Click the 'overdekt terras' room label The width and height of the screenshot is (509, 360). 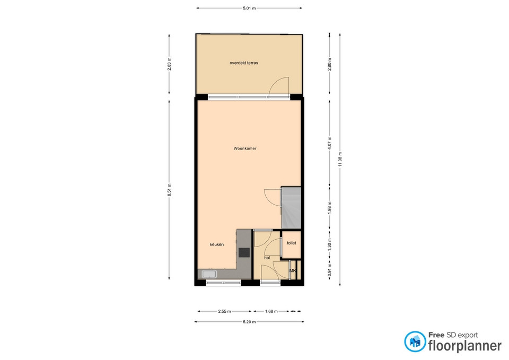tap(244, 63)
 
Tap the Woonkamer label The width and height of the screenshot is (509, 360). tap(245, 148)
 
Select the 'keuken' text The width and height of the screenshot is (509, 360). tap(217, 244)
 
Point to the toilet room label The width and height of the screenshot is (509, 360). tap(292, 243)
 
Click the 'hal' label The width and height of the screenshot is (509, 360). tap(267, 258)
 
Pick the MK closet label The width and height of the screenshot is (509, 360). tap(293, 270)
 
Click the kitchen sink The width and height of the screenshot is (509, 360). tap(209, 274)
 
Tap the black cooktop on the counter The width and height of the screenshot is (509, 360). tap(244, 252)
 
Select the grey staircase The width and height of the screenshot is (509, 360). tap(291, 208)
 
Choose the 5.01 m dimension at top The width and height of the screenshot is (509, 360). tap(249, 8)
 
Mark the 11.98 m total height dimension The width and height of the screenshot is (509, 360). tap(340, 160)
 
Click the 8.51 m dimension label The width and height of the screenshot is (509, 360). tap(169, 190)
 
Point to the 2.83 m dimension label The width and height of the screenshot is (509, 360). tap(169, 64)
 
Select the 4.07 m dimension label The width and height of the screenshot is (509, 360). tap(329, 143)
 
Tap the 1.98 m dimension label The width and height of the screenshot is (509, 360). tap(329, 208)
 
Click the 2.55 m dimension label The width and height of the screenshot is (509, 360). tap(224, 311)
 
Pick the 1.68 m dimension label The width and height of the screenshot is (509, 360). tap(271, 311)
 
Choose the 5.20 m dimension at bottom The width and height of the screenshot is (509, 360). tap(249, 322)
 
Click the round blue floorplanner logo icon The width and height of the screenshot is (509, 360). tap(415, 341)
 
